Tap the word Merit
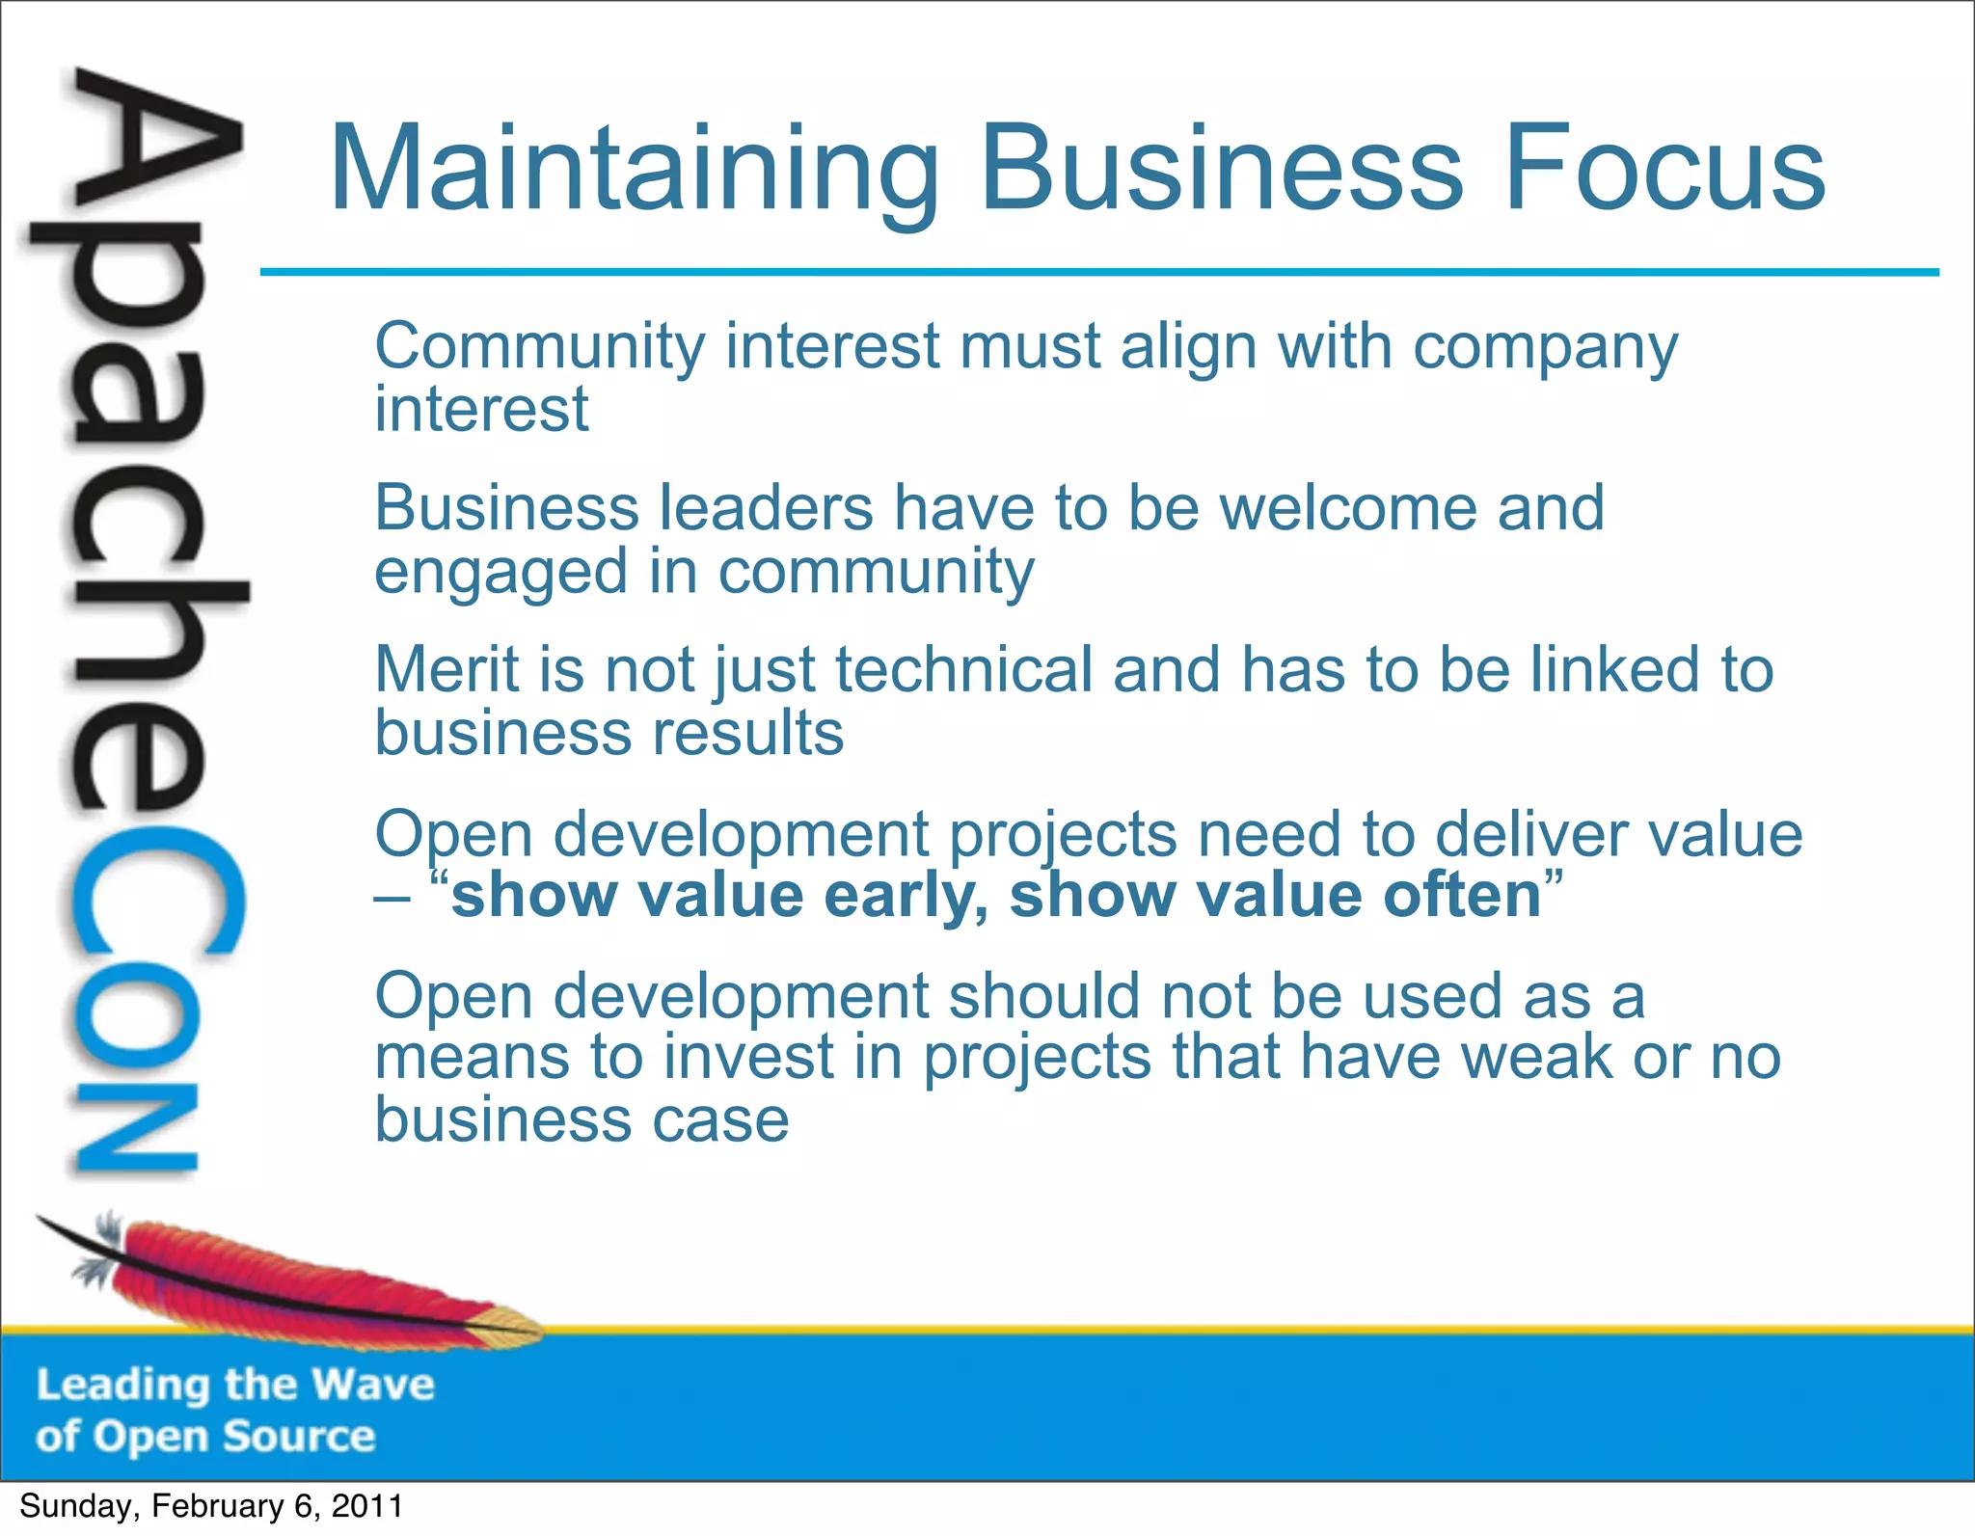(446, 670)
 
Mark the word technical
(963, 670)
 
